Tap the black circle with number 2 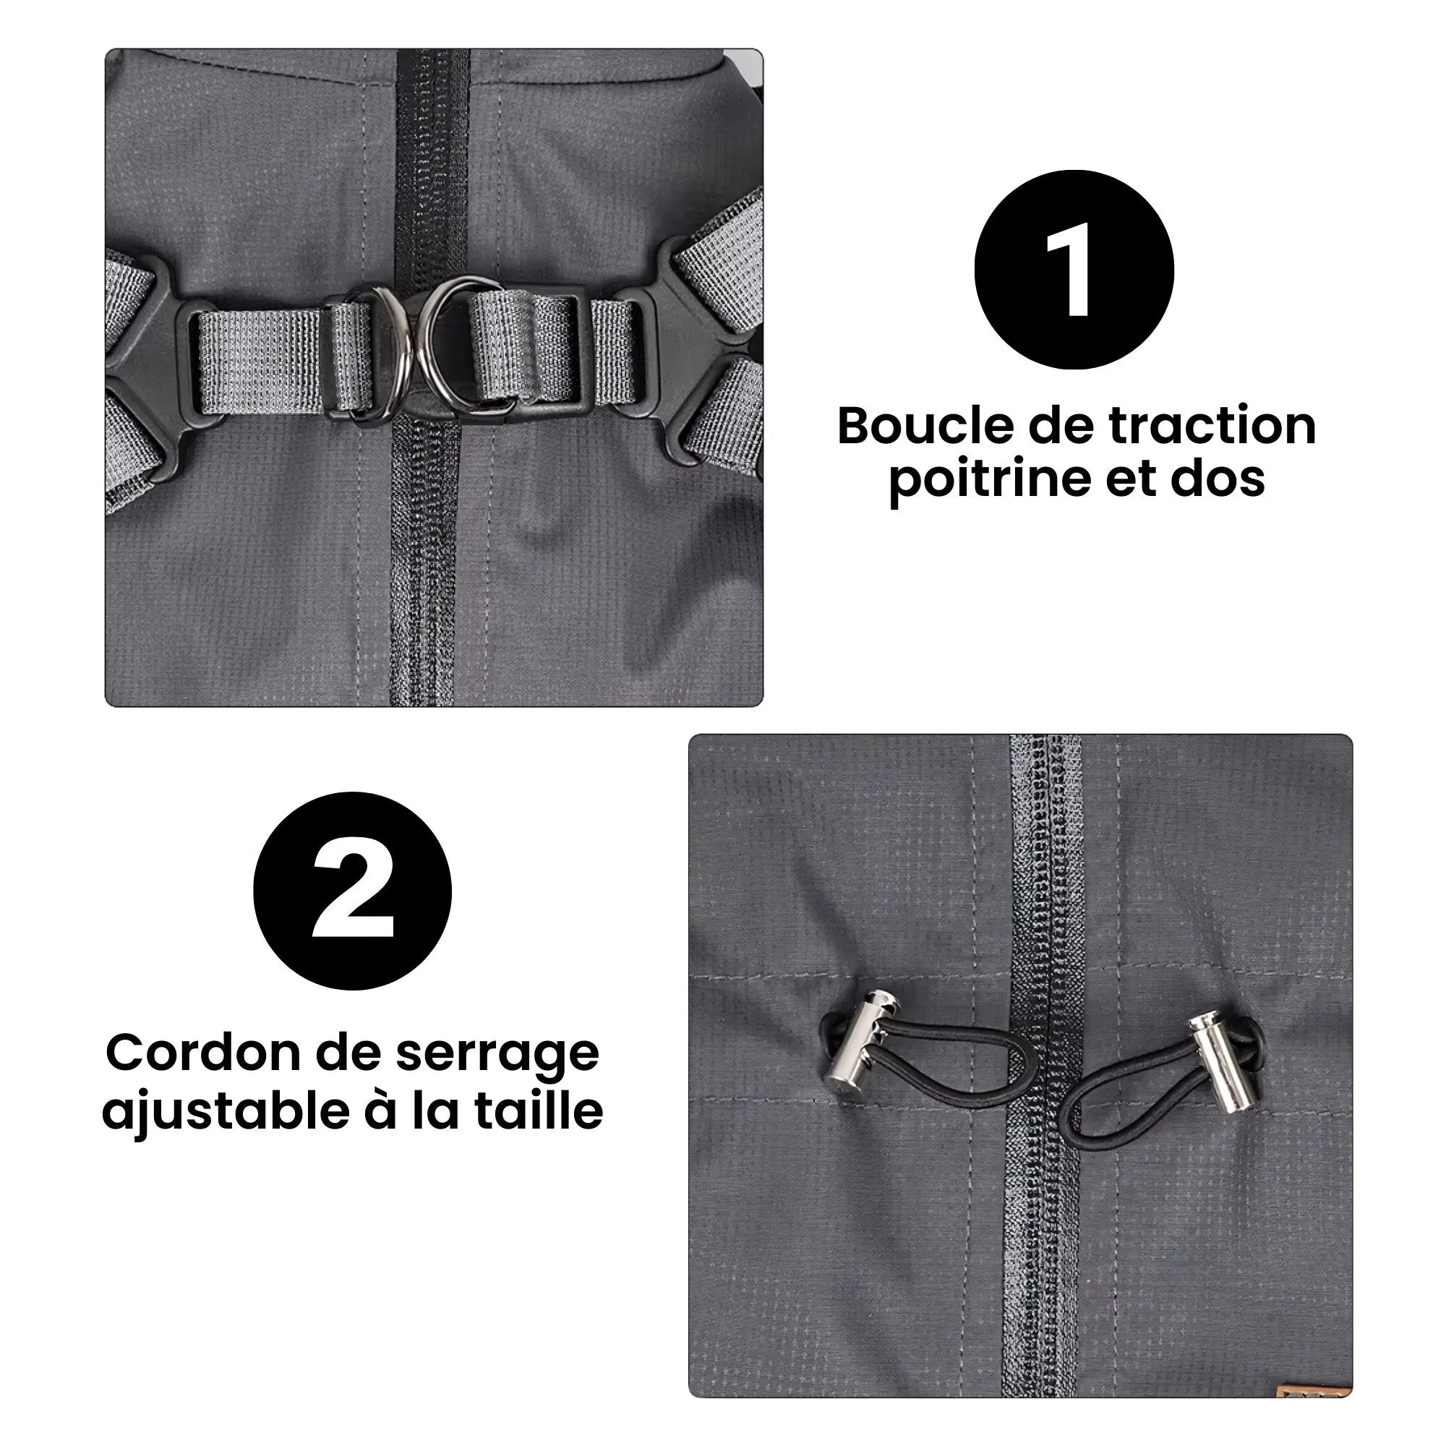(x=353, y=891)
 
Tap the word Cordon (x=204, y=1053)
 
